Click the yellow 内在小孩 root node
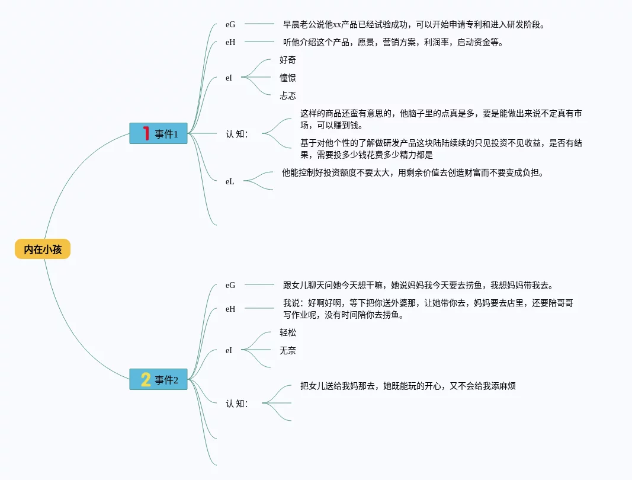click(x=43, y=249)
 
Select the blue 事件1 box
click(x=158, y=133)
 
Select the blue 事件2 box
click(x=158, y=379)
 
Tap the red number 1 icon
click(x=145, y=133)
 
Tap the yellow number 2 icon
click(x=145, y=379)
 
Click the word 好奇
click(x=288, y=60)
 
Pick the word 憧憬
click(x=288, y=78)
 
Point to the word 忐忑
click(x=288, y=95)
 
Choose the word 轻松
click(x=288, y=332)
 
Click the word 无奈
click(x=288, y=350)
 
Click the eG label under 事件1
click(x=230, y=24)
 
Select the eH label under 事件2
click(x=230, y=309)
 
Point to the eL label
click(x=230, y=181)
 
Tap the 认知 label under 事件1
click(x=237, y=134)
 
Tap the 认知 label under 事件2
click(x=237, y=404)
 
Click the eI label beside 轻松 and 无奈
click(x=229, y=350)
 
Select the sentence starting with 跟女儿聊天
click(x=418, y=285)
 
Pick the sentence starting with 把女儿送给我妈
click(x=408, y=386)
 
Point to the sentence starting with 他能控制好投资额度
click(x=412, y=173)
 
